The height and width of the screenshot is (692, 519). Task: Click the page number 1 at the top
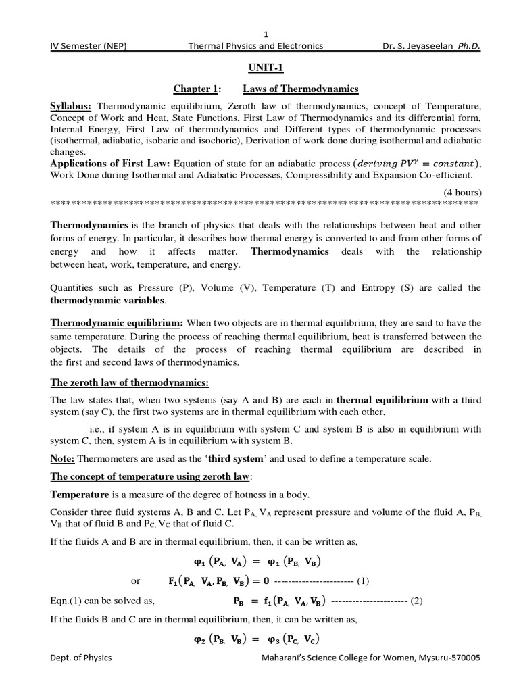tap(266, 34)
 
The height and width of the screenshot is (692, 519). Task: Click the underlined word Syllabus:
tap(72, 107)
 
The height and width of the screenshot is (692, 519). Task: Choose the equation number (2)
tap(416, 600)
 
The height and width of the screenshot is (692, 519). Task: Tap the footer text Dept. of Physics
tap(81, 657)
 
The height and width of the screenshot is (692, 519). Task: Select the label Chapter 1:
tap(198, 89)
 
